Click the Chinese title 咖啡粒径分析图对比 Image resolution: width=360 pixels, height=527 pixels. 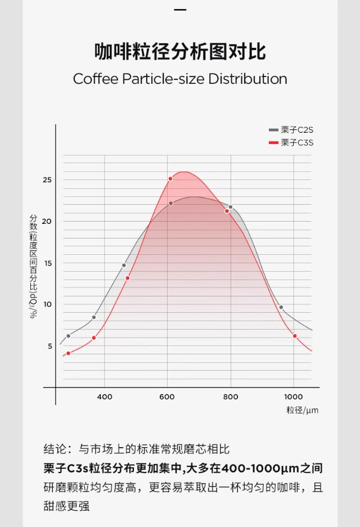(x=180, y=52)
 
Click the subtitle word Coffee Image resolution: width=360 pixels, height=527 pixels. (x=96, y=79)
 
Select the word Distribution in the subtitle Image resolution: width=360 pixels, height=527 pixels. (x=247, y=79)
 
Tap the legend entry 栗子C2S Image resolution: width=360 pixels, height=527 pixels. (x=297, y=130)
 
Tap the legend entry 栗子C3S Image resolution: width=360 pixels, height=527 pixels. (x=297, y=143)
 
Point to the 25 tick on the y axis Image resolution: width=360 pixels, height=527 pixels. (x=47, y=180)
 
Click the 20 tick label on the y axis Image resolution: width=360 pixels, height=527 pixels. (x=47, y=221)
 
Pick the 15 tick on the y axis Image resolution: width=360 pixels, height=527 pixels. (x=47, y=263)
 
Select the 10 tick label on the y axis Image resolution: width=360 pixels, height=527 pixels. (x=47, y=304)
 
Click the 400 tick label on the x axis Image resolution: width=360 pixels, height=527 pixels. (x=105, y=397)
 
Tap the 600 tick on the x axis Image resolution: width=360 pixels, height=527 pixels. (x=168, y=397)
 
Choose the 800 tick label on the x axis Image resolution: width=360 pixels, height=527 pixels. (x=231, y=397)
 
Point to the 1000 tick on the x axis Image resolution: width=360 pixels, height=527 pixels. (x=294, y=397)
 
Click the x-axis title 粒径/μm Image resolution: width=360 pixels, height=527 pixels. (x=302, y=410)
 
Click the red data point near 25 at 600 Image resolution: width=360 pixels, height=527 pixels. (x=170, y=179)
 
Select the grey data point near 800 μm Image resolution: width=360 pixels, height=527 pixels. (x=230, y=207)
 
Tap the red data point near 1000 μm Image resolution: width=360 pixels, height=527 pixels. (x=294, y=336)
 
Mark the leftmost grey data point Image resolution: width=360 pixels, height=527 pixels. (x=69, y=336)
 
